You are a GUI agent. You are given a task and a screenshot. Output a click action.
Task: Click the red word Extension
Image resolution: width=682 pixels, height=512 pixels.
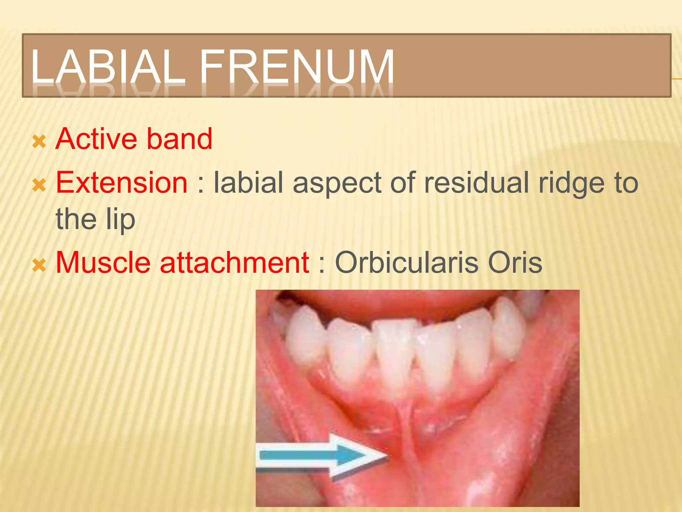(x=122, y=183)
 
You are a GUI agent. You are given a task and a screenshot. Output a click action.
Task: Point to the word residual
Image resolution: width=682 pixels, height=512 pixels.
(x=476, y=183)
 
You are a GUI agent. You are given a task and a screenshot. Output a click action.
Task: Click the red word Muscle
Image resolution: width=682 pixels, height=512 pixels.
(x=103, y=263)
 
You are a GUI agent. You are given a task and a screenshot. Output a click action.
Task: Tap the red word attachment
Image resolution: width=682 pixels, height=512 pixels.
(x=234, y=263)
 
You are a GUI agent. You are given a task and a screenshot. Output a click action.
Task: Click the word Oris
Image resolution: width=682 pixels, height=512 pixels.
(x=515, y=263)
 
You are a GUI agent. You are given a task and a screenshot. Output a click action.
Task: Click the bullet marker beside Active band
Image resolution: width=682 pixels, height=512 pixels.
(x=39, y=142)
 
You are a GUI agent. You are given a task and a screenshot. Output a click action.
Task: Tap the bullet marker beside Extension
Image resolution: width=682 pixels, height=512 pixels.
(x=39, y=185)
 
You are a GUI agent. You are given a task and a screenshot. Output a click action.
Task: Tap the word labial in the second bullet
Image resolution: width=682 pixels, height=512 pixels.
(x=248, y=183)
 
